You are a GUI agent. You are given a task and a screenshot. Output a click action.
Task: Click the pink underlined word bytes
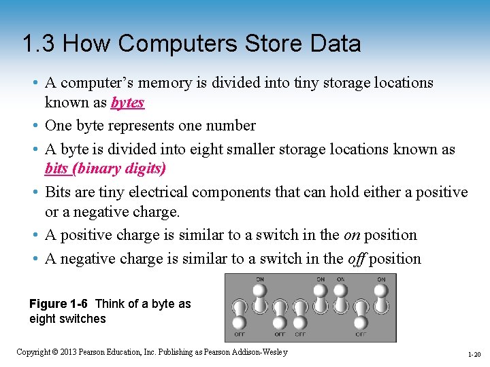(128, 103)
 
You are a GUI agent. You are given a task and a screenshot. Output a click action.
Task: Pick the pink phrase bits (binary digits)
(105, 168)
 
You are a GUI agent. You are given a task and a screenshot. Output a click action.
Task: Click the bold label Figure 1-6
(59, 304)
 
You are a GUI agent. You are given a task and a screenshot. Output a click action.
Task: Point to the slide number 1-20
(474, 353)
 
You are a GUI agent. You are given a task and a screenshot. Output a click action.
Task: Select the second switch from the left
(260, 299)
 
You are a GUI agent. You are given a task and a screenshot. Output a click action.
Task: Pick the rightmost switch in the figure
(382, 299)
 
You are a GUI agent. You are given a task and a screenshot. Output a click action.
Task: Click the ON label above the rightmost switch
(382, 279)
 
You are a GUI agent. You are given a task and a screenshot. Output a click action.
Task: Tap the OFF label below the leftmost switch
(240, 334)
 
